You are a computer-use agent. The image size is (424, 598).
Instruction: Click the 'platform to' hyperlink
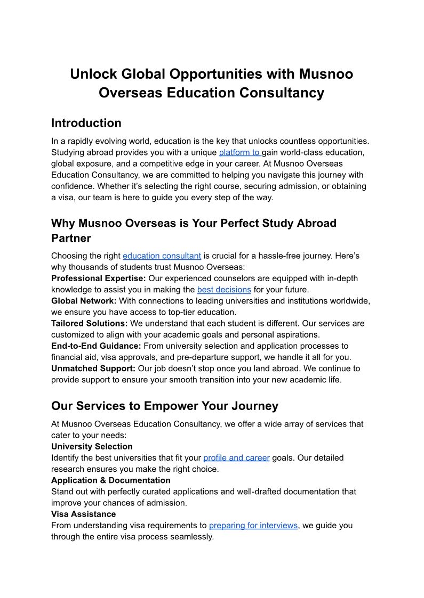[x=239, y=152]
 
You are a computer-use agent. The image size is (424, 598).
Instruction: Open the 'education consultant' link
[x=162, y=256]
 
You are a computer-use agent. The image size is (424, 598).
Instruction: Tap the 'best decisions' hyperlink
[x=224, y=290]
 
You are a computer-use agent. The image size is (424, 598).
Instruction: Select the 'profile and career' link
[x=236, y=457]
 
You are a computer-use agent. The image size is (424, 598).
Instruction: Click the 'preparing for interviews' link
[x=253, y=525]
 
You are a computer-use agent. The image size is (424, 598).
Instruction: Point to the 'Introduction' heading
[x=86, y=123]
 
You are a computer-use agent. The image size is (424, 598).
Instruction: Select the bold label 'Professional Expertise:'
[x=99, y=278]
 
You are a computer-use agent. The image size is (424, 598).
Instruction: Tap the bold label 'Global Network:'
[x=84, y=301]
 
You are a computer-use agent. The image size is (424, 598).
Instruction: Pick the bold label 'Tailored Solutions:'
[x=89, y=323]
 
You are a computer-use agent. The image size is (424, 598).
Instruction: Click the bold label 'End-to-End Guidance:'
[x=96, y=346]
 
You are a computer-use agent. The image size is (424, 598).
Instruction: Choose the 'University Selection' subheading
[x=92, y=446]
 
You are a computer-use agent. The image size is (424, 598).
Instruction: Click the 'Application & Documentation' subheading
[x=111, y=480]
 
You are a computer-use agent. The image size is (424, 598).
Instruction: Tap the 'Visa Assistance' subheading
[x=83, y=514]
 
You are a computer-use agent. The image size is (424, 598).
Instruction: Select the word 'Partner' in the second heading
[x=71, y=237]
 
